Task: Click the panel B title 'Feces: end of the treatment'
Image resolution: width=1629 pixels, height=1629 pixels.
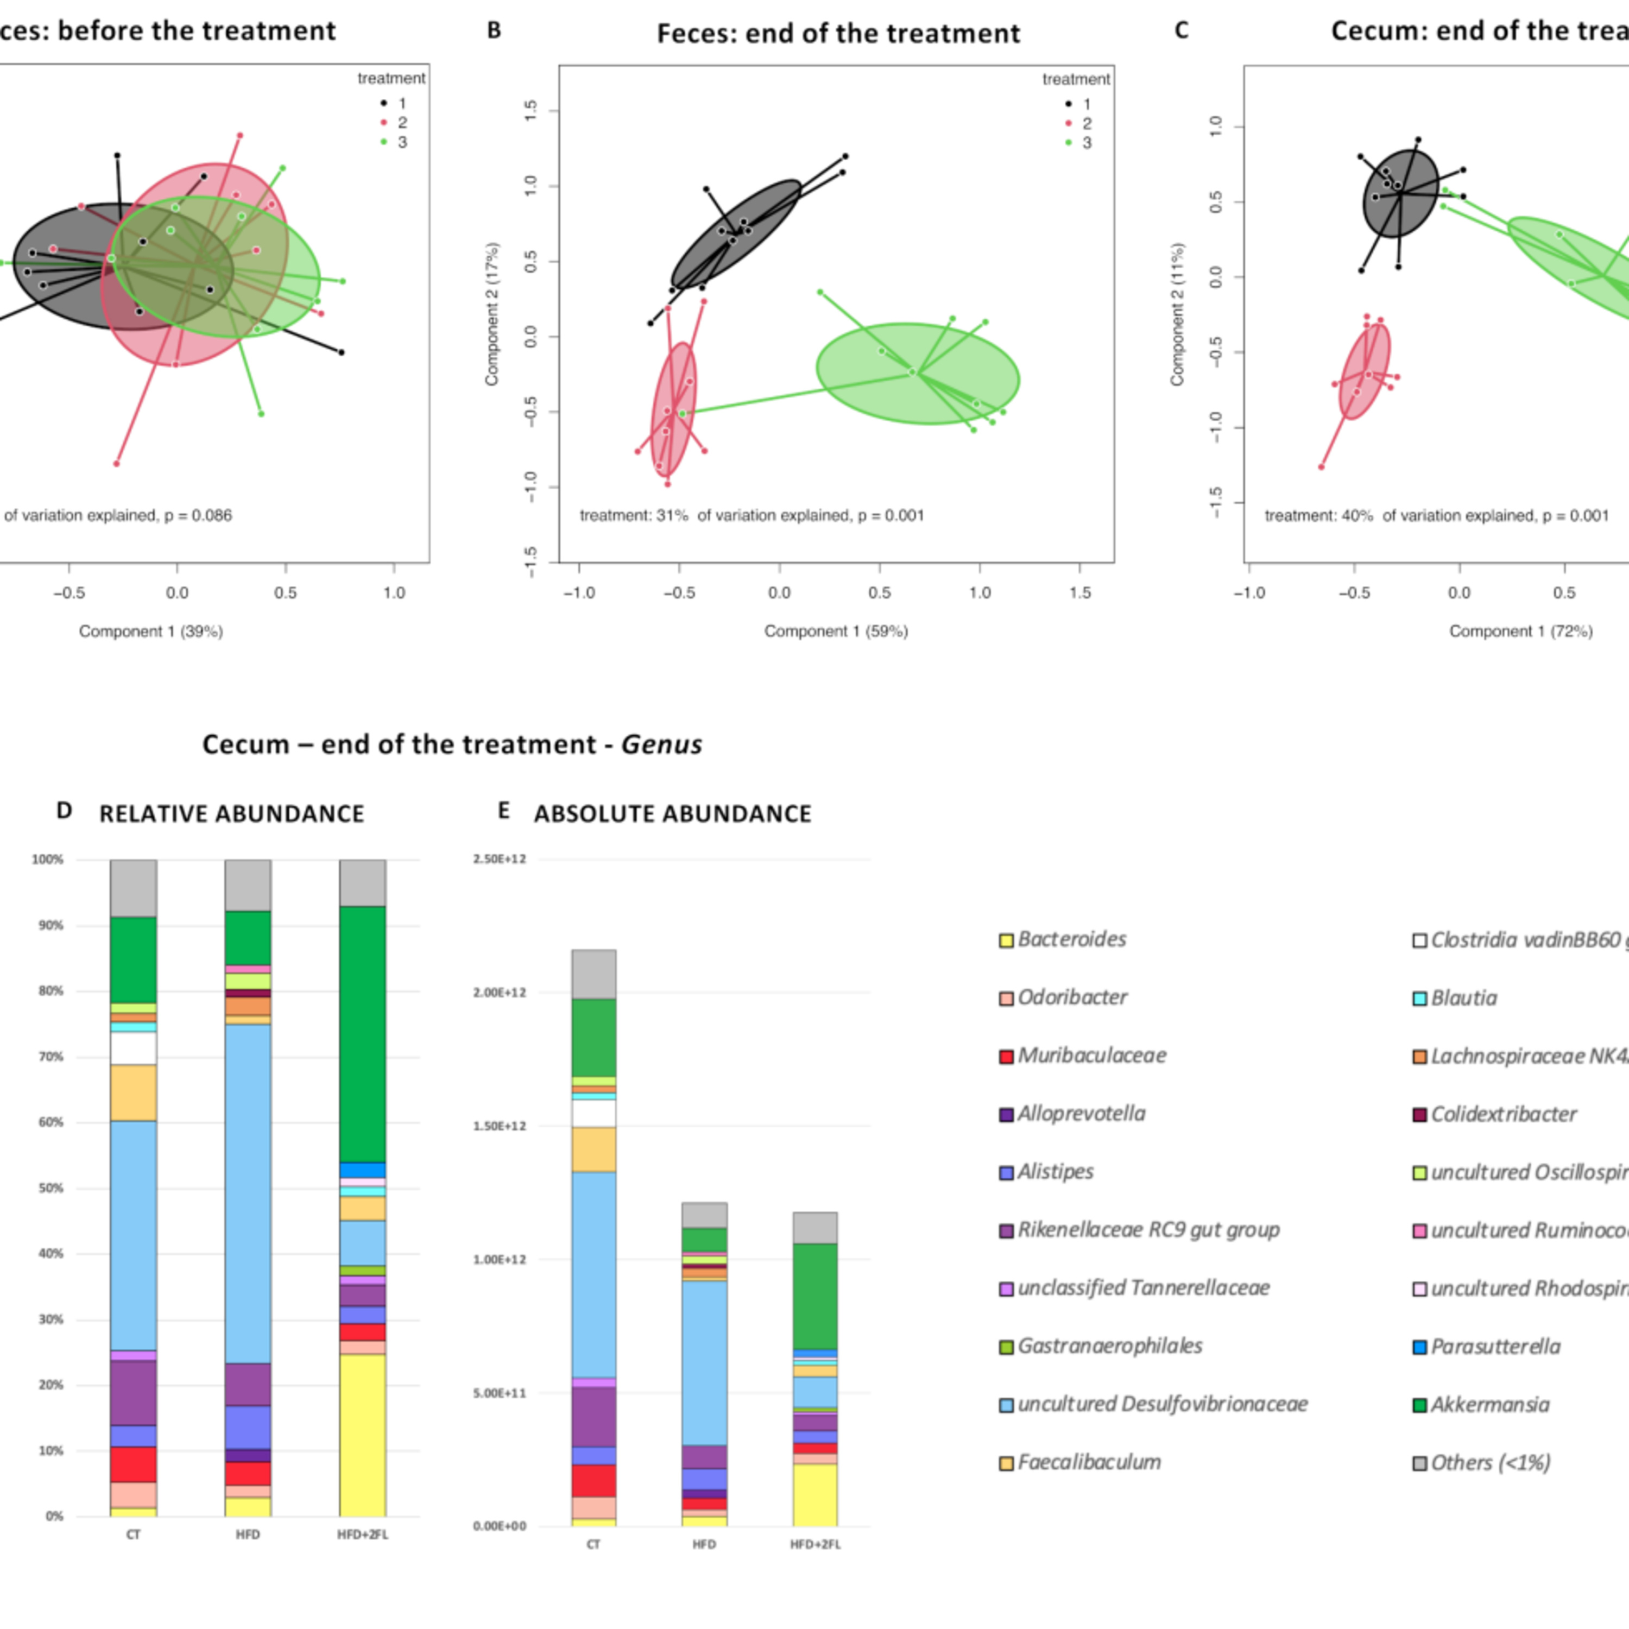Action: (x=838, y=34)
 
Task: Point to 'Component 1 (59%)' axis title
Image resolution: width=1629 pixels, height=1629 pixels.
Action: (x=836, y=630)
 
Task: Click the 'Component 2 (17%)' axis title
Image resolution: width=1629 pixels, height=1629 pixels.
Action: (x=493, y=314)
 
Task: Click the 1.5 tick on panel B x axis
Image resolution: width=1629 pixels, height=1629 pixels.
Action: (x=1079, y=593)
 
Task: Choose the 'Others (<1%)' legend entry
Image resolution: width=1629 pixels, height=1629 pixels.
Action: (x=1490, y=1463)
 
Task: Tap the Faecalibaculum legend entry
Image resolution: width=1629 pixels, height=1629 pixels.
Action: (x=1088, y=1463)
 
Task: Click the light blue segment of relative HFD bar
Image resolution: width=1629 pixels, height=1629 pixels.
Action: (x=248, y=1193)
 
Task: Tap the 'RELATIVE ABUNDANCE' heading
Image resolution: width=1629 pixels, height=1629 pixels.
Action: (x=232, y=813)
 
